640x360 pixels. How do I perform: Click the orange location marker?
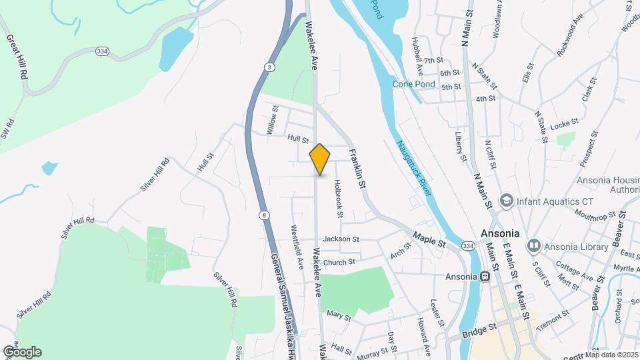(320, 159)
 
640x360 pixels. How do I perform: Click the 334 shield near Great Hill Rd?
(102, 51)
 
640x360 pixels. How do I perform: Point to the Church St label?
(339, 263)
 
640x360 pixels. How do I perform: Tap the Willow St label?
(273, 120)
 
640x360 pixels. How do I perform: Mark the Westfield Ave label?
(297, 245)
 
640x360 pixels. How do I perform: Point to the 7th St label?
(433, 61)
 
